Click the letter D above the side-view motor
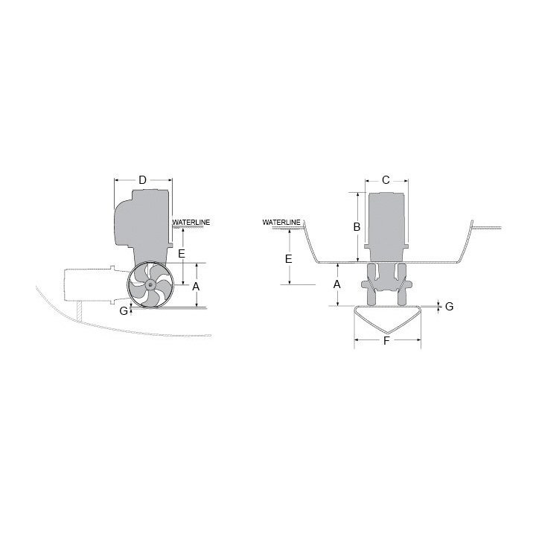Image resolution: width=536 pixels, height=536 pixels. (x=142, y=179)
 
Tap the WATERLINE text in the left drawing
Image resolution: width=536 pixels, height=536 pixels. (x=191, y=223)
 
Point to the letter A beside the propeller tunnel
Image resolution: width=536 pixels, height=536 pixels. (x=196, y=286)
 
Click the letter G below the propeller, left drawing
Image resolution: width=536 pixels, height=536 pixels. (x=124, y=310)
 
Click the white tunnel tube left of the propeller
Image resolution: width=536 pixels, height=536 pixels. (x=86, y=283)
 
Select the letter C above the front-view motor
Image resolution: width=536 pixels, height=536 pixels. (x=386, y=180)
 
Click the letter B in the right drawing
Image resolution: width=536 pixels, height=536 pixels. (x=357, y=226)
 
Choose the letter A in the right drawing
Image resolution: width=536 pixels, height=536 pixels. (x=337, y=284)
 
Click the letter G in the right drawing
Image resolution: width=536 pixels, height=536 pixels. (x=449, y=307)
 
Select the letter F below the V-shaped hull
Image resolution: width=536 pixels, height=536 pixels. (x=386, y=342)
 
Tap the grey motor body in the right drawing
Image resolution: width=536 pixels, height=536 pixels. (x=386, y=223)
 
